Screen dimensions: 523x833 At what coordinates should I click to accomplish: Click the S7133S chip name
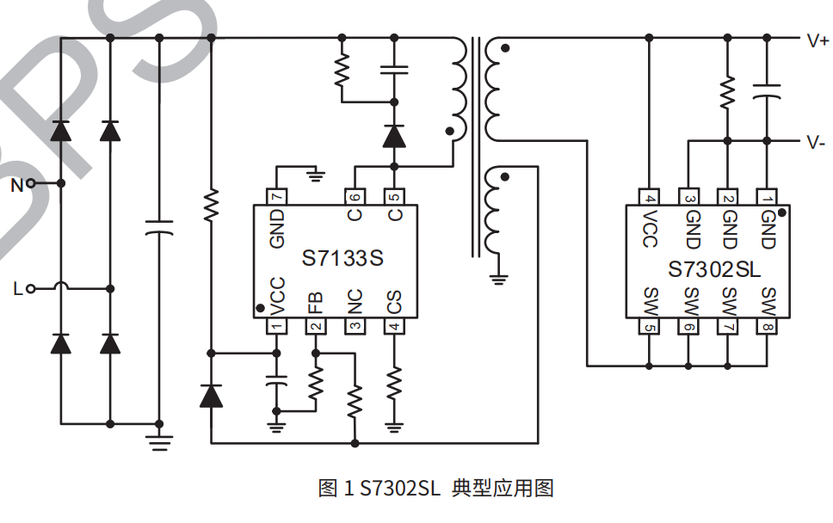(x=342, y=258)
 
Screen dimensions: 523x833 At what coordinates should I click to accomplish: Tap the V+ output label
(x=817, y=40)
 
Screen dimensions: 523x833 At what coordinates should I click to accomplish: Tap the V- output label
(x=817, y=143)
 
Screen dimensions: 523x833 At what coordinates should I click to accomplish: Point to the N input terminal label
(x=17, y=184)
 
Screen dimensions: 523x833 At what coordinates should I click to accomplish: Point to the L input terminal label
(x=18, y=289)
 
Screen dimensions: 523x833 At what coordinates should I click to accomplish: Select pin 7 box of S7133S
(x=276, y=197)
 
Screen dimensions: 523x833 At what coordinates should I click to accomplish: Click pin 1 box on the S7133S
(x=276, y=326)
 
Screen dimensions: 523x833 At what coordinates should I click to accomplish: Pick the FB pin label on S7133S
(x=316, y=303)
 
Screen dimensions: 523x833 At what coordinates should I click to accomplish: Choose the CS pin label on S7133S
(x=394, y=303)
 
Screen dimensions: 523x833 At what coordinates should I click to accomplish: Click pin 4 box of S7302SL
(x=650, y=198)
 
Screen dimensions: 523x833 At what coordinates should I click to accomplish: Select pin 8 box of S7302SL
(x=767, y=327)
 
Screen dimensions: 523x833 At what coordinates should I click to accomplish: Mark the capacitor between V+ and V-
(x=767, y=90)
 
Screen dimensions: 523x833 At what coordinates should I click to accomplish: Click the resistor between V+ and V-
(x=728, y=91)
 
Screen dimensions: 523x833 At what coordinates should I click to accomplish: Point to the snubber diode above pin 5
(x=394, y=135)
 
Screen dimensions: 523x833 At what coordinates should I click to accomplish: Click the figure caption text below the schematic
(x=435, y=489)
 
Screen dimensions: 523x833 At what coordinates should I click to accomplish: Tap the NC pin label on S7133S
(x=355, y=303)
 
